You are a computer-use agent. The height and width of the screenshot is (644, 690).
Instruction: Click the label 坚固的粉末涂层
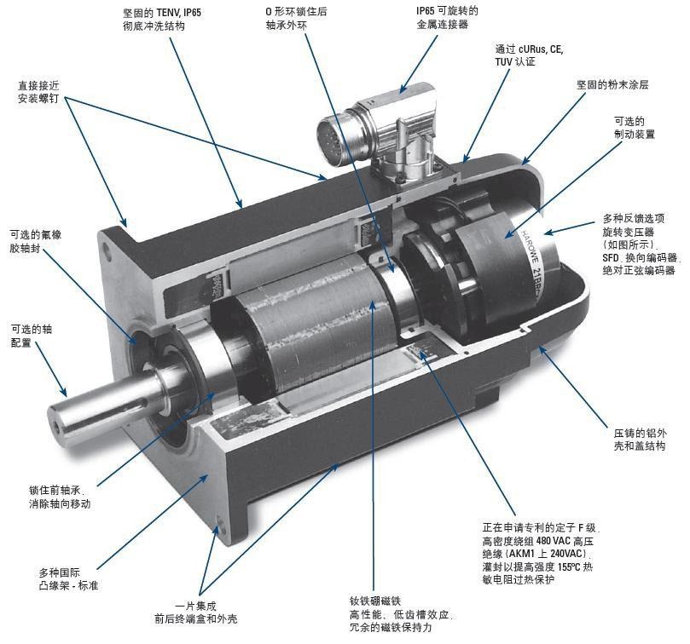tap(612, 84)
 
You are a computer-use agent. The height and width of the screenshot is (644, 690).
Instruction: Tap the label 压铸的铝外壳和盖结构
tap(640, 440)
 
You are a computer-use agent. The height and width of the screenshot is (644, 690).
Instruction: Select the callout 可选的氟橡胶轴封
tap(36, 241)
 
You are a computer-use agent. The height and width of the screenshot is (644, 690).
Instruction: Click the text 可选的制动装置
tap(634, 128)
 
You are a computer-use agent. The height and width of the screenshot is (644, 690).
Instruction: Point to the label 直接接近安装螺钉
tap(38, 91)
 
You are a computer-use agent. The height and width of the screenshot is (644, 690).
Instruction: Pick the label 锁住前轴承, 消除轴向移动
tap(60, 497)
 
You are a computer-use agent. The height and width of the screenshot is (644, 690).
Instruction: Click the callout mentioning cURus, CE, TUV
tap(529, 55)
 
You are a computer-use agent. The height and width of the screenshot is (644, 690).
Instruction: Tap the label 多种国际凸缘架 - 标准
tap(68, 579)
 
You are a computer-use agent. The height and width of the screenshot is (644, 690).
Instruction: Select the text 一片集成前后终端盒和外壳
tap(196, 612)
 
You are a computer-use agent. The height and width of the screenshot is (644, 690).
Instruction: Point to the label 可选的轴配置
tap(32, 336)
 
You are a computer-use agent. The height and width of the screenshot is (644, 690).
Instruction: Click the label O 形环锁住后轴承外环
tap(296, 18)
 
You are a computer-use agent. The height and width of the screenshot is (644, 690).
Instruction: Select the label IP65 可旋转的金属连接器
tap(447, 17)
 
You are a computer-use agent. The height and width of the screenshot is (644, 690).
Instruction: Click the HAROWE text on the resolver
tap(527, 245)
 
